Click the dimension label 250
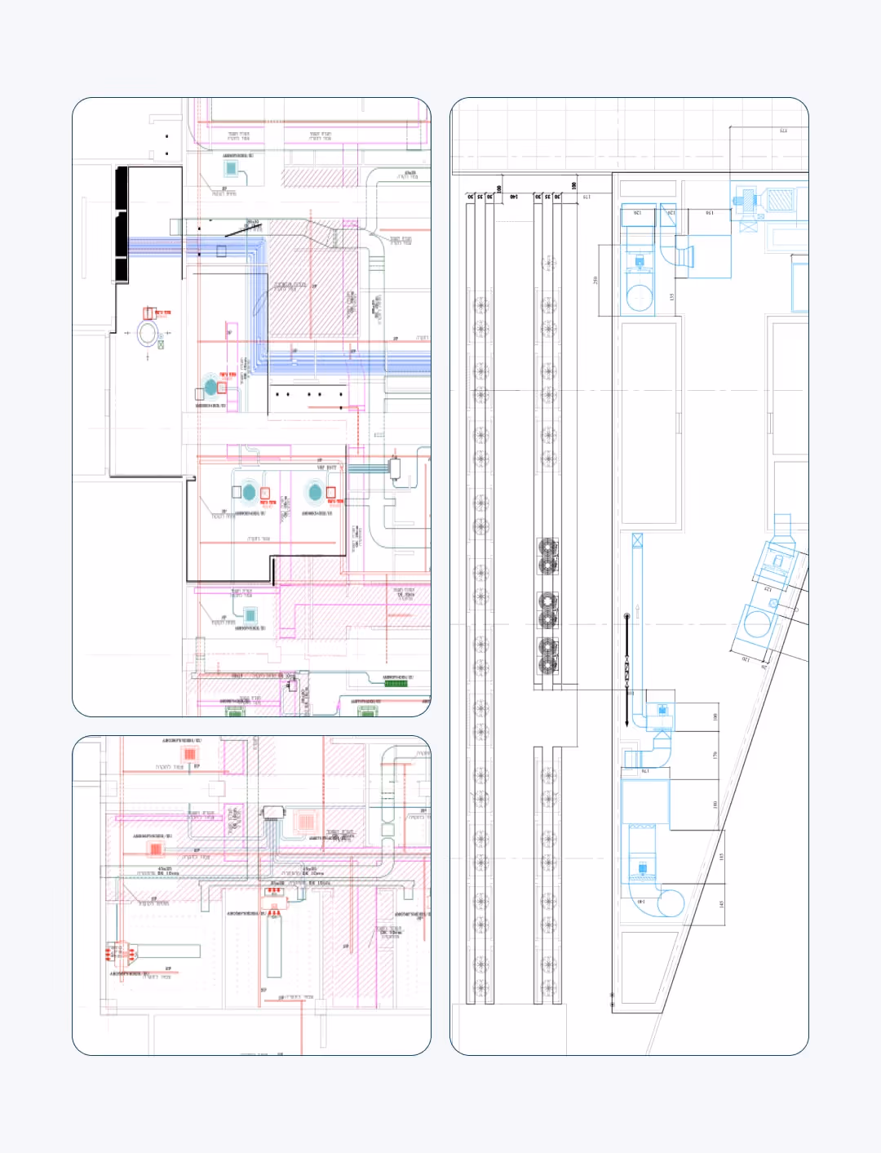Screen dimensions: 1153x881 pyautogui.click(x=595, y=280)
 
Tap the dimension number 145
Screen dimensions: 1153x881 pyautogui.click(x=721, y=905)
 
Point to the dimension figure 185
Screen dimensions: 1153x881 pyautogui.click(x=721, y=857)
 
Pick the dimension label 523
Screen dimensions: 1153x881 pyautogui.click(x=783, y=131)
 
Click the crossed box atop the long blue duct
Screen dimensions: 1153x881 pyautogui.click(x=637, y=540)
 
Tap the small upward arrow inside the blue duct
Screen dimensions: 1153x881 pyautogui.click(x=639, y=608)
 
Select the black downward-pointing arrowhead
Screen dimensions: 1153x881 pyautogui.click(x=626, y=721)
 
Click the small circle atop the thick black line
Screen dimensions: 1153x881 pyautogui.click(x=626, y=616)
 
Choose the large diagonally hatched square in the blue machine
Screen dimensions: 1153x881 pyautogui.click(x=780, y=200)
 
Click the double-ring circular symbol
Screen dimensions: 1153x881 pyautogui.click(x=148, y=333)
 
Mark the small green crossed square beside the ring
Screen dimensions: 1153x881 pyautogui.click(x=161, y=345)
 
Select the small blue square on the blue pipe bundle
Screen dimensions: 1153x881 pyautogui.click(x=221, y=251)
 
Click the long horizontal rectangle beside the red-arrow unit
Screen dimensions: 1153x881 pyautogui.click(x=167, y=951)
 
